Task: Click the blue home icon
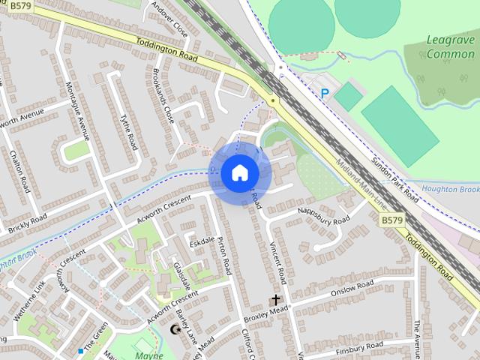[239, 173]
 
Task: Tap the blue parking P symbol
[325, 93]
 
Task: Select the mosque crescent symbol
[176, 328]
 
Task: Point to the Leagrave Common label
[450, 46]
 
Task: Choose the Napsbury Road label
[323, 215]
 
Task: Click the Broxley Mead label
[265, 313]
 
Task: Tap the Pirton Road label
[224, 255]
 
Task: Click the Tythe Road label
[128, 132]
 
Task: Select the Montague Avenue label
[78, 109]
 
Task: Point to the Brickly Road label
[28, 222]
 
